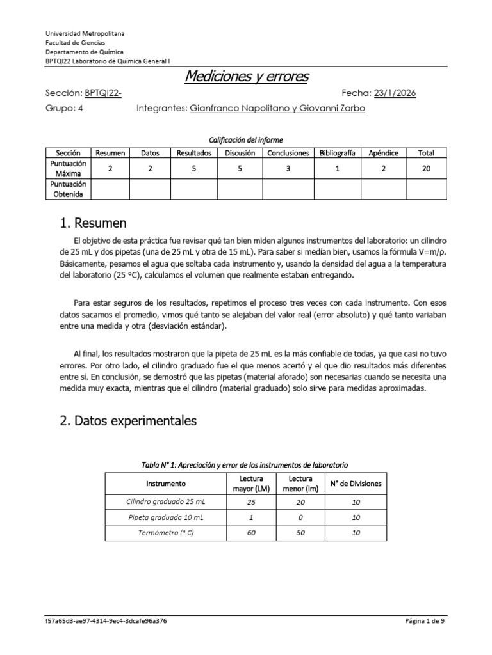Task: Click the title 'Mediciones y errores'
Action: coord(246,77)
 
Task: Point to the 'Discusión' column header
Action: coord(240,153)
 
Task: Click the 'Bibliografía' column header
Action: coord(338,153)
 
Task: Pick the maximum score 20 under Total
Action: coord(425,168)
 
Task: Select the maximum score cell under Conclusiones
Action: coord(288,168)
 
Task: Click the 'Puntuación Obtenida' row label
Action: coord(68,189)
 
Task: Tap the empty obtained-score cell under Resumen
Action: coord(110,189)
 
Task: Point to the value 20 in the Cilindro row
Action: coord(300,503)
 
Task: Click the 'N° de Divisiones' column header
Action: coord(356,484)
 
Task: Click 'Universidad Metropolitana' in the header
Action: coord(85,33)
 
